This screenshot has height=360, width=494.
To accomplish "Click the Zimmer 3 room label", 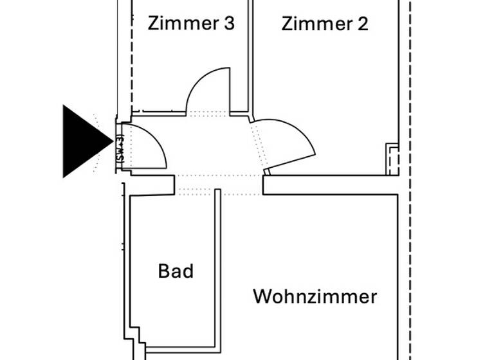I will pos(191,24).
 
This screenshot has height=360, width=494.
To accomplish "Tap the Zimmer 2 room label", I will pos(325,24).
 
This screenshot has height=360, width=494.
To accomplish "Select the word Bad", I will pos(176,271).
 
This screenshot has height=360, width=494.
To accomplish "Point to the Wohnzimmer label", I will pos(315,297).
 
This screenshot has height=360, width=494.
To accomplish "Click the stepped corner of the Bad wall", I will pos(136,336).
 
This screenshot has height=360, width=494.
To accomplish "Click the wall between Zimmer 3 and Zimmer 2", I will pos(250,58).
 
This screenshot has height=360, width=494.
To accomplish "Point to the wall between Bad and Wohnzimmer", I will pos(218,270).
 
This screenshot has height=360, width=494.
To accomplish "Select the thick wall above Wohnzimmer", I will pos(334,184).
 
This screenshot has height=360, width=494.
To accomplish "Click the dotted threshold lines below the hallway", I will pos(219,184).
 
